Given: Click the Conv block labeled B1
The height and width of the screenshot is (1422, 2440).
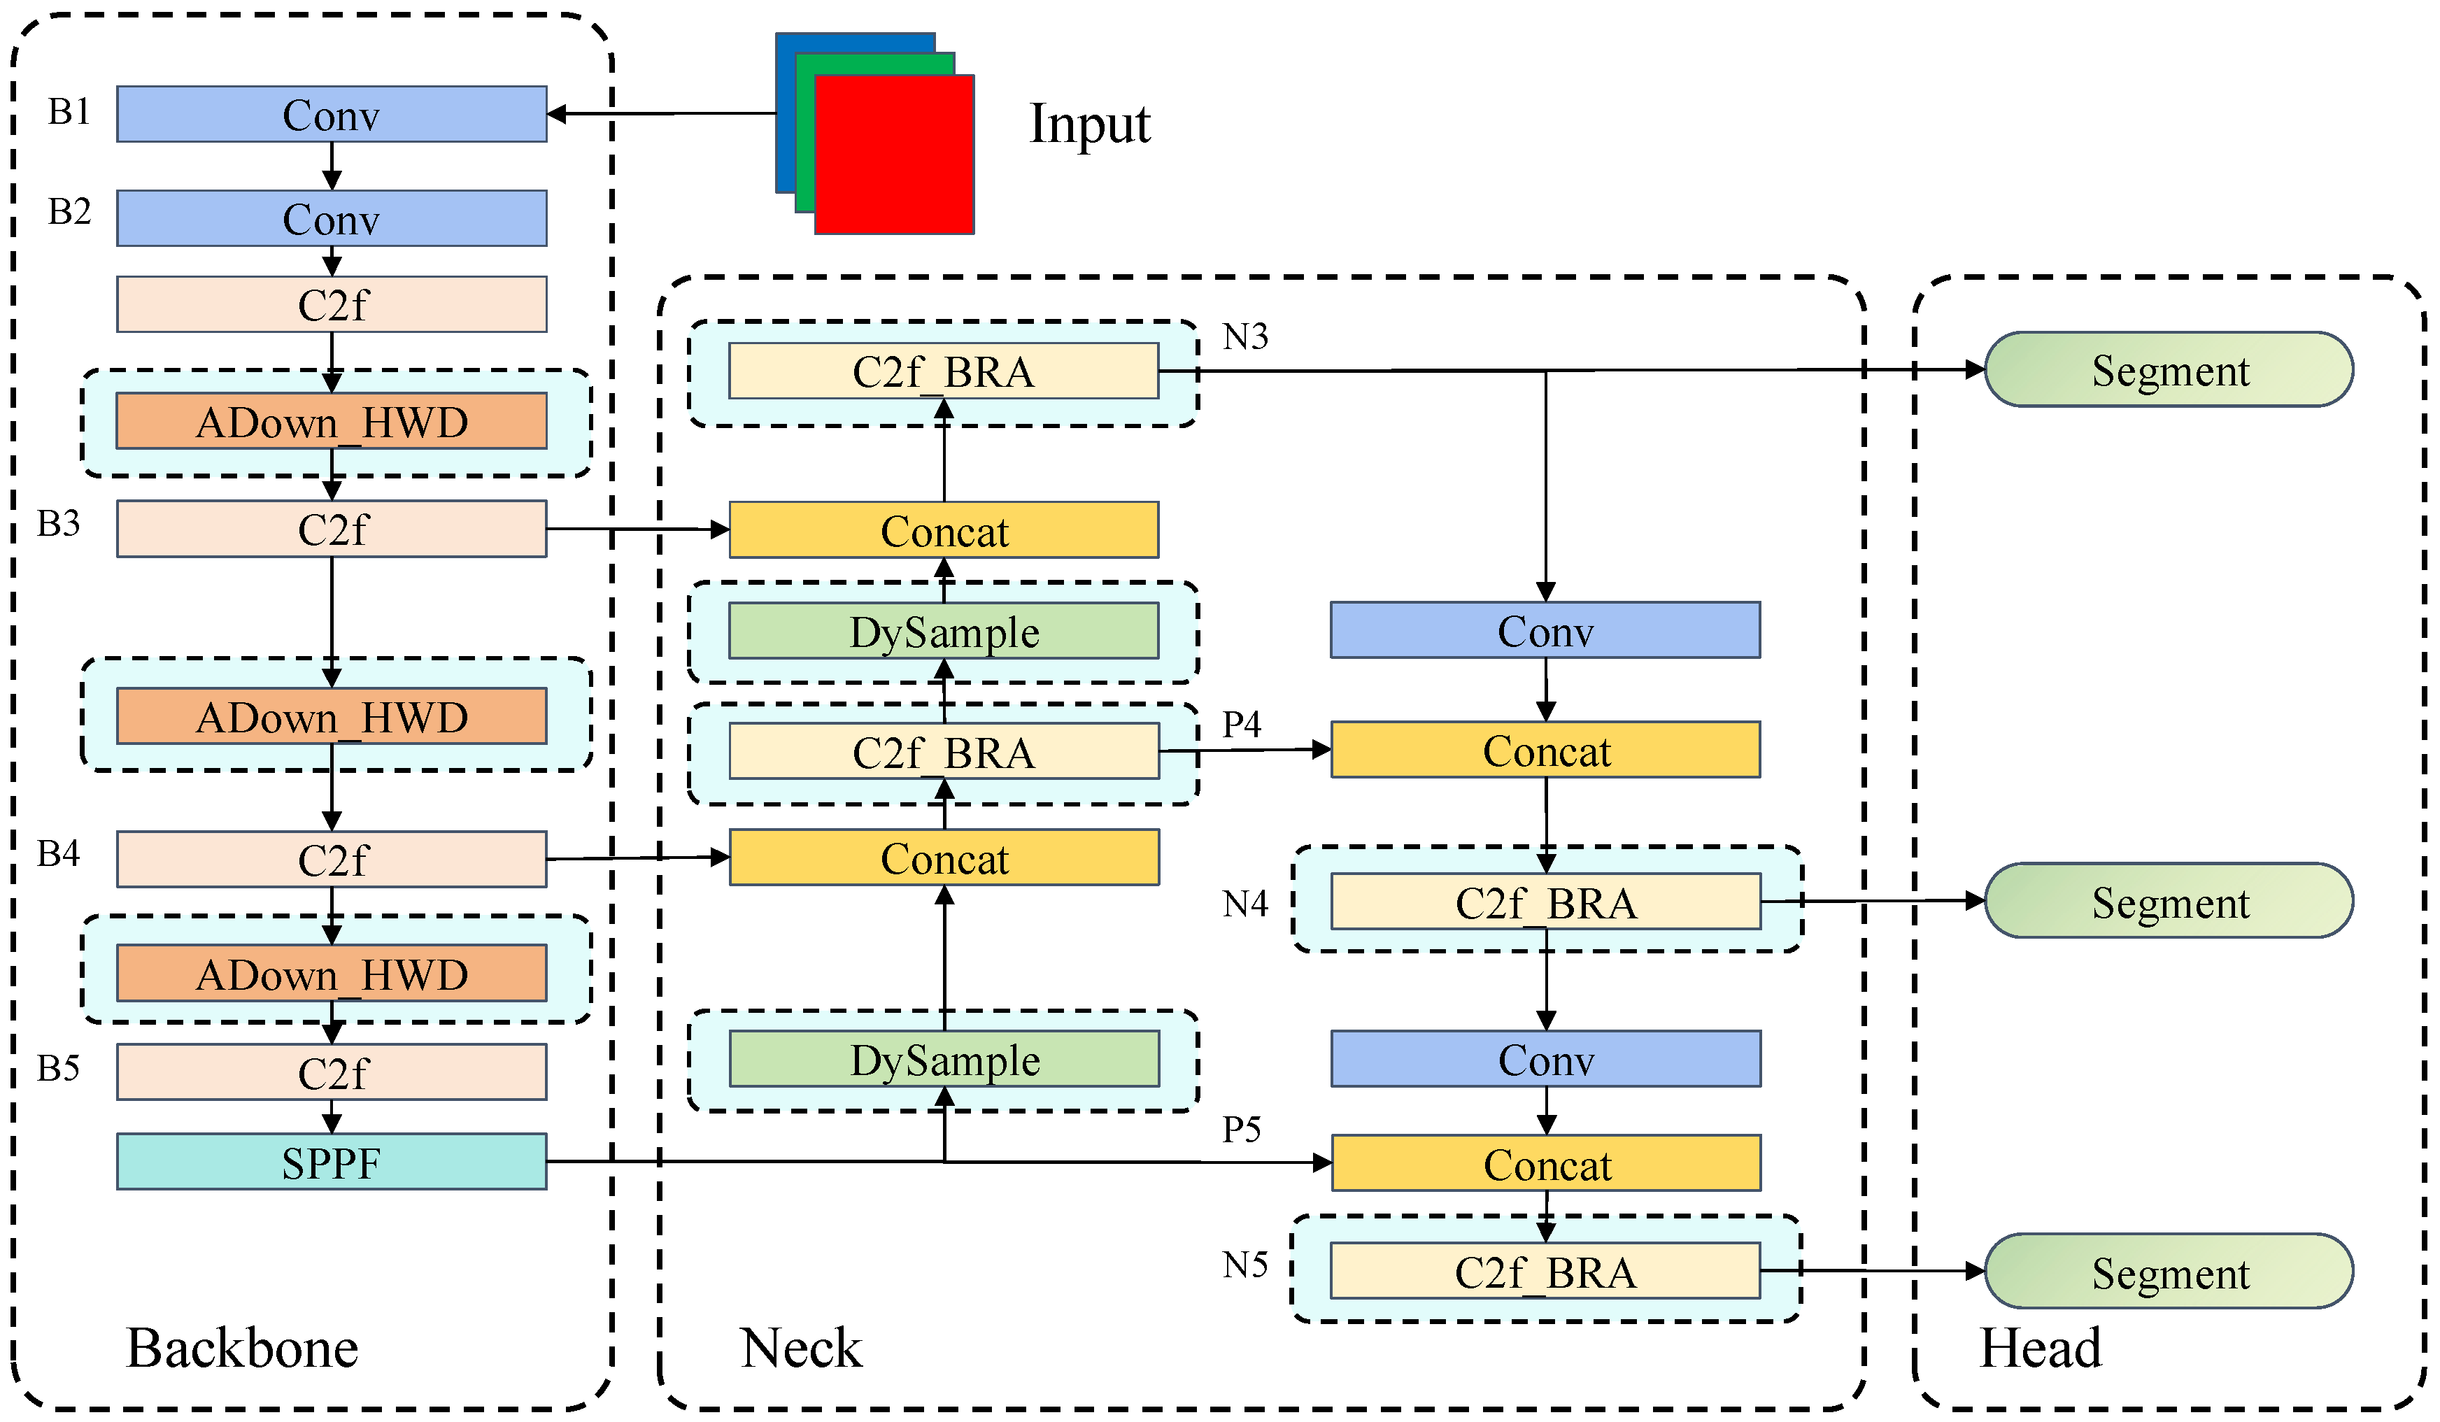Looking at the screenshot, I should pyautogui.click(x=331, y=114).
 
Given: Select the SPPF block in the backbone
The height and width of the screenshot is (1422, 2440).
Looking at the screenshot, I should pyautogui.click(x=331, y=1162).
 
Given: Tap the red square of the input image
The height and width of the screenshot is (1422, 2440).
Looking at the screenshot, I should pyautogui.click(x=895, y=155).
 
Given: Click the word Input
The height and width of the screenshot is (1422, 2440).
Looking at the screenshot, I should pyautogui.click(x=1089, y=124).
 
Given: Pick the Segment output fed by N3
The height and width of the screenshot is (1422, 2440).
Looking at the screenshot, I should pyautogui.click(x=2169, y=370).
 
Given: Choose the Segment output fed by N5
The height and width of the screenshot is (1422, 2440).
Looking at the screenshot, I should pyautogui.click(x=2169, y=1271).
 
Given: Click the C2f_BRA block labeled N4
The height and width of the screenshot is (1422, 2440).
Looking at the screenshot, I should pyautogui.click(x=1545, y=901).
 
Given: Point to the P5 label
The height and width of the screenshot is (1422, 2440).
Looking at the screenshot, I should pyautogui.click(x=1241, y=1129).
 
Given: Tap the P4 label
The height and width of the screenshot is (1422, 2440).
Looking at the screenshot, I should pyautogui.click(x=1241, y=723).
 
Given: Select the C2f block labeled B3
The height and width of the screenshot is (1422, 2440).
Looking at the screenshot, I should pyautogui.click(x=331, y=529).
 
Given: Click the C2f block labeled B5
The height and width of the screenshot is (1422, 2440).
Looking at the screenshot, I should pyautogui.click(x=331, y=1072).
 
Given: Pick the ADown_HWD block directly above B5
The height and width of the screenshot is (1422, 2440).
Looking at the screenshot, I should pyautogui.click(x=331, y=973).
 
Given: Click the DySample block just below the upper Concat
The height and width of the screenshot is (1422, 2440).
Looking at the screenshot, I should pyautogui.click(x=944, y=631).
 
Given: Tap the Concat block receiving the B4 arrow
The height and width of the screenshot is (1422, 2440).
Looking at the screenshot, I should pyautogui.click(x=944, y=858).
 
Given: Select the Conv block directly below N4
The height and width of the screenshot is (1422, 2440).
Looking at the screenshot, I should pyautogui.click(x=1545, y=1059).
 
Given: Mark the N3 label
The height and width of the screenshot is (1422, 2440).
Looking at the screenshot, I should pyautogui.click(x=1245, y=337).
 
